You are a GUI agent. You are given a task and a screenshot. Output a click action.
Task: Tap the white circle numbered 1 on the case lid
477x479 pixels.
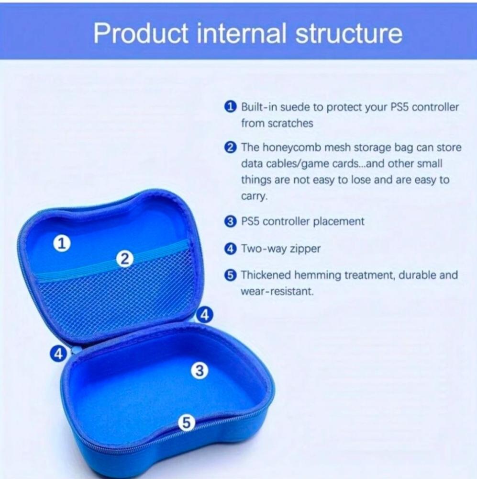point(62,244)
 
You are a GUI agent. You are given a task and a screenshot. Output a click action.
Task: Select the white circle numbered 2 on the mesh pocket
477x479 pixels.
point(124,259)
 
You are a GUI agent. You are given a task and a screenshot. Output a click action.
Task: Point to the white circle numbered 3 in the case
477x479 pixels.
point(200,371)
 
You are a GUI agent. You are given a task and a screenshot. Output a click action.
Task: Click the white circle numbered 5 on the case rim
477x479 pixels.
point(187,423)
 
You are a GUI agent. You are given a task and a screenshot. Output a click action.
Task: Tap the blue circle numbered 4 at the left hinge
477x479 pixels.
point(58,354)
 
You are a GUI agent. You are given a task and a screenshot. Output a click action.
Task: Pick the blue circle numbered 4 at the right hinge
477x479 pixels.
point(205,315)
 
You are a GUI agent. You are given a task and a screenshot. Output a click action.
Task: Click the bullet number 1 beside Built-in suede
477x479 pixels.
point(231,107)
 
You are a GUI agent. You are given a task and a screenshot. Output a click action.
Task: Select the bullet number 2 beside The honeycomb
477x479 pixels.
point(231,148)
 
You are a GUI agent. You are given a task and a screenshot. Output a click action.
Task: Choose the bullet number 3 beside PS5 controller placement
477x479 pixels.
point(231,221)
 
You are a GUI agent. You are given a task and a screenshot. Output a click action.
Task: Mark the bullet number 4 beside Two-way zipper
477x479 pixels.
point(231,249)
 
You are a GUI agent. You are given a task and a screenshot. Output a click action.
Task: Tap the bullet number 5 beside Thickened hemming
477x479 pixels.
point(231,275)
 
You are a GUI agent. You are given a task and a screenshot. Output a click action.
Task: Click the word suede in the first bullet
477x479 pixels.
point(293,107)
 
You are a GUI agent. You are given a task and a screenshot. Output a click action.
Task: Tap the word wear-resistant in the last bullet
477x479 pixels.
point(277,291)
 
